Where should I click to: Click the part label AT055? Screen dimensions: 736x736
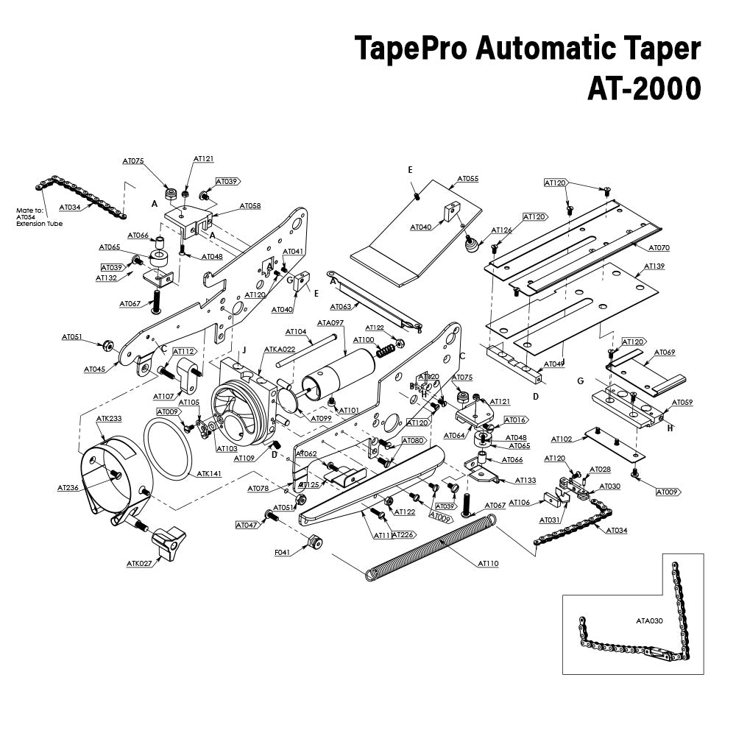click(x=468, y=179)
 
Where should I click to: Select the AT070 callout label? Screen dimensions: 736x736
click(x=659, y=248)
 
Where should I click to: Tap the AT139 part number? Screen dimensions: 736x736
click(x=654, y=266)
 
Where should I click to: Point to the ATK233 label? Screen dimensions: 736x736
click(x=109, y=418)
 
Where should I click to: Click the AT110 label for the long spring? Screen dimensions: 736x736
click(x=488, y=564)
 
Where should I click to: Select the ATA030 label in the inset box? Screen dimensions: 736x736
click(x=650, y=620)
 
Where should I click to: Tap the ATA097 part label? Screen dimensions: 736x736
click(x=330, y=322)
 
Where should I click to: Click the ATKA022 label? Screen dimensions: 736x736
click(x=279, y=350)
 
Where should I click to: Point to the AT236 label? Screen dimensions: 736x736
click(x=68, y=487)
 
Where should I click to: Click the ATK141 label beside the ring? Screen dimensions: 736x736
click(x=209, y=475)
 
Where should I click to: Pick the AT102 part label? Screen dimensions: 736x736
click(x=562, y=439)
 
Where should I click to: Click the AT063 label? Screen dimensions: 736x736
click(x=340, y=306)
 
